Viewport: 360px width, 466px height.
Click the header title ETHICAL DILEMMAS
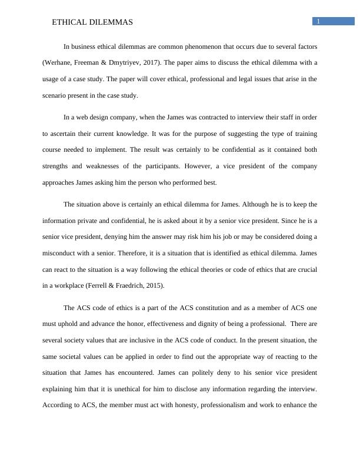pyautogui.click(x=92, y=22)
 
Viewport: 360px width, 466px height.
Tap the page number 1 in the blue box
pyautogui.click(x=318, y=22)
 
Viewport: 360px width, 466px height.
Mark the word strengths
pyautogui.click(x=58, y=166)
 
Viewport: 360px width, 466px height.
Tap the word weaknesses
pyautogui.click(x=116, y=166)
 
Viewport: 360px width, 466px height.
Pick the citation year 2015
pyautogui.click(x=154, y=286)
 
